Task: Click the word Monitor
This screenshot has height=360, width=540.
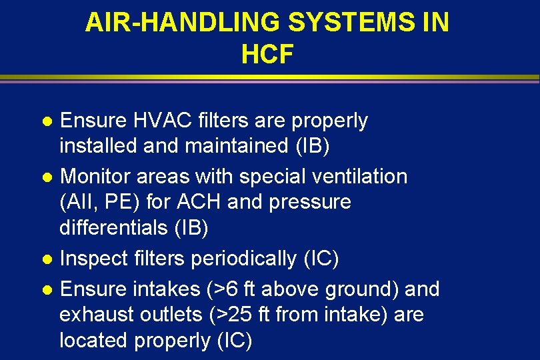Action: click(95, 177)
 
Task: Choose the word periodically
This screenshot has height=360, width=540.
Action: click(243, 259)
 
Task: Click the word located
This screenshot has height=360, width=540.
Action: click(93, 341)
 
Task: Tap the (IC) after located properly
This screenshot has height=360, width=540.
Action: click(235, 341)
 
